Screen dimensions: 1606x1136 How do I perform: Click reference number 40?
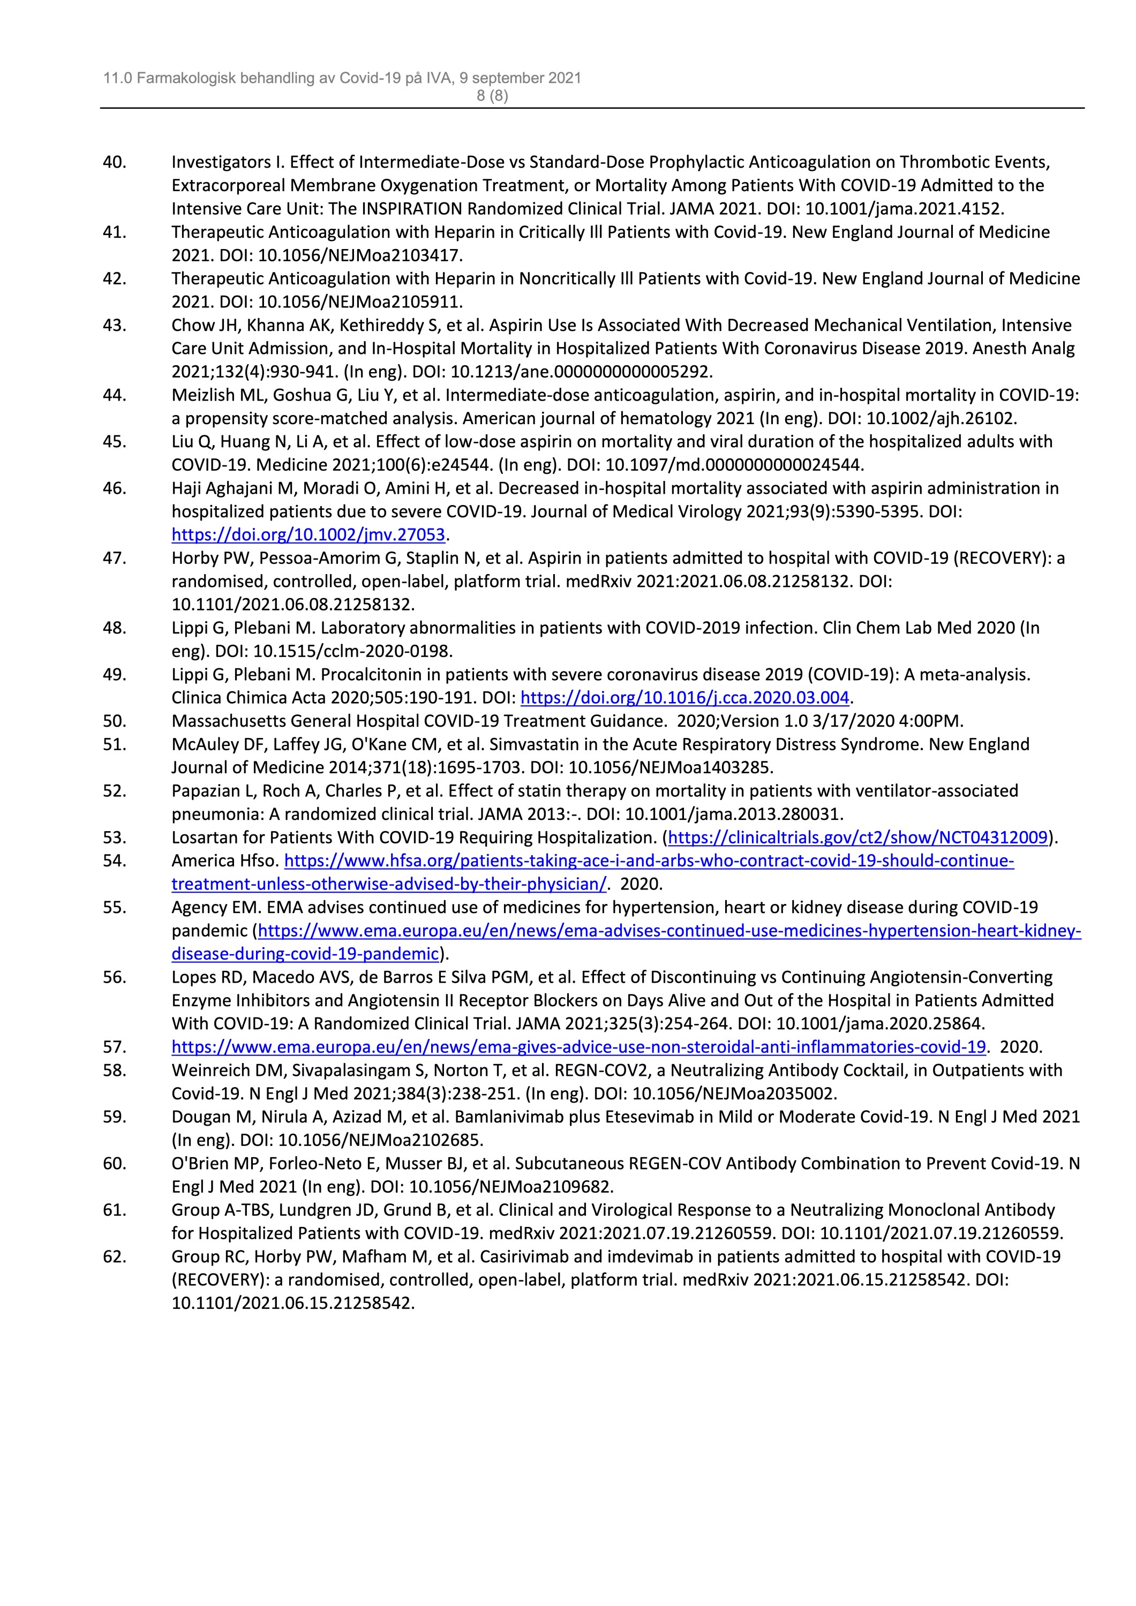click(x=115, y=162)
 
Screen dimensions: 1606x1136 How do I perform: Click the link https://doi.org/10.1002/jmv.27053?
click(x=309, y=535)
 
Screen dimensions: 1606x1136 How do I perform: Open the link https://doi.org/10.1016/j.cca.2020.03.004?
click(x=685, y=697)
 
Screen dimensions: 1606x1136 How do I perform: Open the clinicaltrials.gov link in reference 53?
click(x=859, y=838)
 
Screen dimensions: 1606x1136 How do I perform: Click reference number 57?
click(x=115, y=1047)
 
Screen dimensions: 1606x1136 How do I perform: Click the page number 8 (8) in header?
click(x=492, y=96)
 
